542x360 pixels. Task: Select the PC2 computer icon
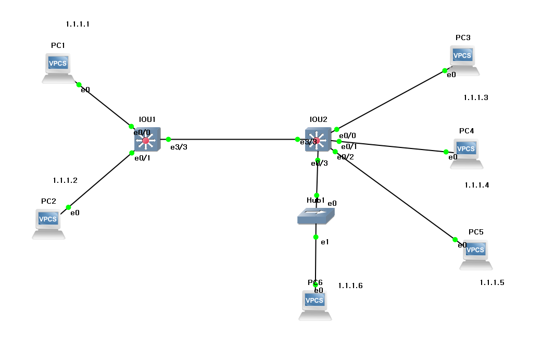click(x=48, y=222)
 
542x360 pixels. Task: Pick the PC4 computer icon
click(x=467, y=153)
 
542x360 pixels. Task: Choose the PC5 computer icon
click(x=476, y=254)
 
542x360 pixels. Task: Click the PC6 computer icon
click(x=315, y=304)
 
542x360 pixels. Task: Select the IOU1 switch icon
click(x=146, y=141)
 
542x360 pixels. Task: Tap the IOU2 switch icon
click(x=317, y=139)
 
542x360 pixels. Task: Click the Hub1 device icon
click(x=316, y=215)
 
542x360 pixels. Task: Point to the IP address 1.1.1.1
click(x=78, y=24)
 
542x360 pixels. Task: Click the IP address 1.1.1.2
click(x=65, y=180)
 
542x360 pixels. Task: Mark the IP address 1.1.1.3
click(x=475, y=97)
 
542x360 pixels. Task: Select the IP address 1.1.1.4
click(x=477, y=185)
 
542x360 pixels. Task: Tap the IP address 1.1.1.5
click(x=492, y=282)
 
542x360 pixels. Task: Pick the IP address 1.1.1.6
click(x=350, y=285)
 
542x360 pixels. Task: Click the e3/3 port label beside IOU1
click(x=179, y=147)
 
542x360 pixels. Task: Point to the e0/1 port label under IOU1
click(x=142, y=158)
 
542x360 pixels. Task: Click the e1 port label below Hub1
click(x=324, y=242)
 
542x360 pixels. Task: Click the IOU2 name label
click(x=318, y=119)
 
